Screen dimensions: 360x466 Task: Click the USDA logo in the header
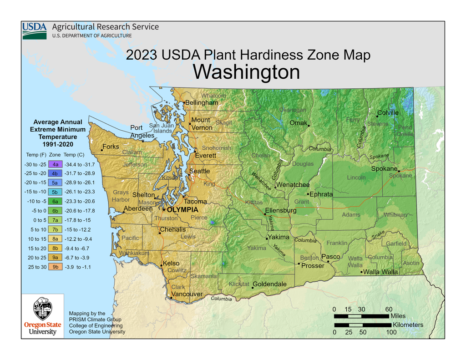pos(34,30)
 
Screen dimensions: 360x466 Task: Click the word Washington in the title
pos(246,72)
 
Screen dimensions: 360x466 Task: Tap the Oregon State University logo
pos(42,316)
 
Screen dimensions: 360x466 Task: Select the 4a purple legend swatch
pos(55,164)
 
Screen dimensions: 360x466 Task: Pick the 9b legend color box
pos(55,267)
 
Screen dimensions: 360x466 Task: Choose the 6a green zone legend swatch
pos(55,201)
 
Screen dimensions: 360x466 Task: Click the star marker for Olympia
pos(164,210)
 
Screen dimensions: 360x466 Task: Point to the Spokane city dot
pos(399,171)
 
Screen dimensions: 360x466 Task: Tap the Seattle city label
pos(200,171)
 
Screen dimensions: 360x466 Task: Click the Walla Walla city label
pos(381,272)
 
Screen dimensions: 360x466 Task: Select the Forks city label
pos(111,147)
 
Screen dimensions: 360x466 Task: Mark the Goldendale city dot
pos(253,288)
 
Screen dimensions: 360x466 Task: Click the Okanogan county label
pos(292,110)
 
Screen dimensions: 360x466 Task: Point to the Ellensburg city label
pos(281,210)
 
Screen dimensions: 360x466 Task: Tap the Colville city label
pos(388,113)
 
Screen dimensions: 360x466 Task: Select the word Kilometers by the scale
pos(408,325)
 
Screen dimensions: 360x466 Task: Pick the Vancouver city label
pos(187,294)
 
